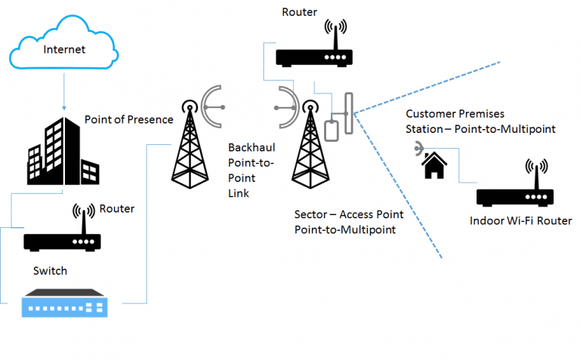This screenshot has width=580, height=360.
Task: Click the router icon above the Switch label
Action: click(x=63, y=235)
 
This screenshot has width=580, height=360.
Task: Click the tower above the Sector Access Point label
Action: click(x=310, y=151)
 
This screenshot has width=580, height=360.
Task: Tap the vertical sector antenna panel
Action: click(x=348, y=113)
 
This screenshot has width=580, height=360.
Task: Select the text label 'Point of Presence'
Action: click(x=128, y=120)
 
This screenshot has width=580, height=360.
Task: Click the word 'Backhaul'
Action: click(x=251, y=149)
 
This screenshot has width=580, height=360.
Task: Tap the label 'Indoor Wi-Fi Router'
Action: click(x=520, y=221)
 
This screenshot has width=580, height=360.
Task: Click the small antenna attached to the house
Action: click(x=418, y=150)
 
